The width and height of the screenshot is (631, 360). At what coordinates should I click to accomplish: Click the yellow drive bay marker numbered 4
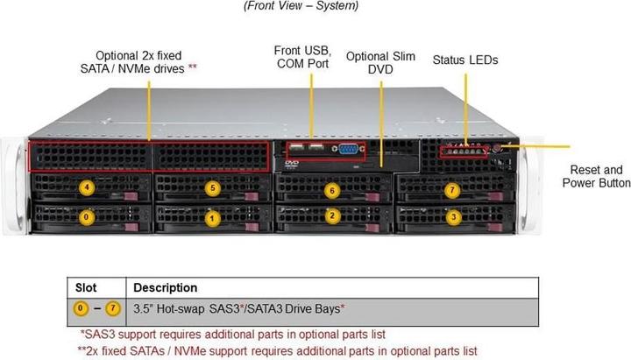coord(86,187)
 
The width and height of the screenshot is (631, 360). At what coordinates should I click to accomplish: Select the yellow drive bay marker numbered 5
coord(211,187)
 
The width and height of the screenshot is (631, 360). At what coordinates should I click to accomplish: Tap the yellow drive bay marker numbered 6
coord(330,189)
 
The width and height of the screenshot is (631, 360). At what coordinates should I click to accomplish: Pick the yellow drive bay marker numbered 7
coord(452,189)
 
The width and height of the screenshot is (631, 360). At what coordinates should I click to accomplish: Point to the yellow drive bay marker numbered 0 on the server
coord(85,215)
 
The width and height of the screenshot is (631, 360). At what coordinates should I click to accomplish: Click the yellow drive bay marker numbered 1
coord(210,216)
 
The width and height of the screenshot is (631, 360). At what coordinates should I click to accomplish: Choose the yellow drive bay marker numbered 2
coord(330,216)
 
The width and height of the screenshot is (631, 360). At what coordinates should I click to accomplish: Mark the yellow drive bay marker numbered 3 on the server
coord(452,216)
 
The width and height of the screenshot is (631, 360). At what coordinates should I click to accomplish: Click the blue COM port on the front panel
coord(348,148)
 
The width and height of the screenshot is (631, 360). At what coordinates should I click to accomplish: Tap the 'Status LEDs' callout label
coord(465,60)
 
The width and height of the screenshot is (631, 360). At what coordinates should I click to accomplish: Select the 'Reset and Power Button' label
coord(596,176)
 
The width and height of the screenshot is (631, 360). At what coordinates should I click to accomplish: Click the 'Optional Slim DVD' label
coord(379,63)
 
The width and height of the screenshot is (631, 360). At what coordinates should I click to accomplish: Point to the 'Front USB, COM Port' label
coord(303,56)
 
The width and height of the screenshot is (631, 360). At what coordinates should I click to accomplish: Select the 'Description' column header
coord(165,287)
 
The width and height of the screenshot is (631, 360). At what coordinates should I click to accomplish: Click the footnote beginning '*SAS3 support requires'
coord(232,334)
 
